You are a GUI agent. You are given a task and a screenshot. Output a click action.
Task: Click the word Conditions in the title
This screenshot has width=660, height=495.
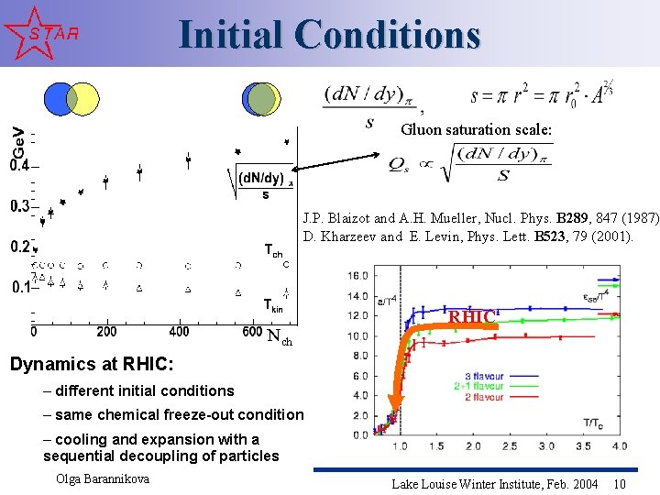coord(388,35)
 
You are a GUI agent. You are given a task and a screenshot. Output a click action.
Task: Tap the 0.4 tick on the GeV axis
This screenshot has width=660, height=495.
coord(19,166)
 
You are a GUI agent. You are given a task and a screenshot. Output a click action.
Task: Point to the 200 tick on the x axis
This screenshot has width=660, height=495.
coord(105,331)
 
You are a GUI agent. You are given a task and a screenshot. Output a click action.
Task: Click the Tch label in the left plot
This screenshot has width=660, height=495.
coord(272,249)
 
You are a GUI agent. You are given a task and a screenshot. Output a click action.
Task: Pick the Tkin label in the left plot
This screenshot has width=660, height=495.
coord(272,305)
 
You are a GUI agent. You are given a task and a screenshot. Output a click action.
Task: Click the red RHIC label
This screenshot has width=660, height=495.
coord(471,317)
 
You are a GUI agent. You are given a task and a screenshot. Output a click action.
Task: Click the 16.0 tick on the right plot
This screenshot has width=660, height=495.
coord(358,275)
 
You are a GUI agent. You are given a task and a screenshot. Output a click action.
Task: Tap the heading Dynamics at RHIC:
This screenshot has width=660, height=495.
coord(104,365)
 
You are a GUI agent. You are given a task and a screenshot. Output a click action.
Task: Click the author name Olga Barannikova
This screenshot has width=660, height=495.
coord(102,478)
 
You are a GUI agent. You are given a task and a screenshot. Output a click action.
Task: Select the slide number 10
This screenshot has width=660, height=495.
coord(620,483)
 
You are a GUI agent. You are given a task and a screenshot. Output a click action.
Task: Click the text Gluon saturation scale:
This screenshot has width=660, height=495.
coord(476,130)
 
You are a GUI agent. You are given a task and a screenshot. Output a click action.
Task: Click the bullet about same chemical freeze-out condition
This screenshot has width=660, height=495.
coord(172,414)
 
